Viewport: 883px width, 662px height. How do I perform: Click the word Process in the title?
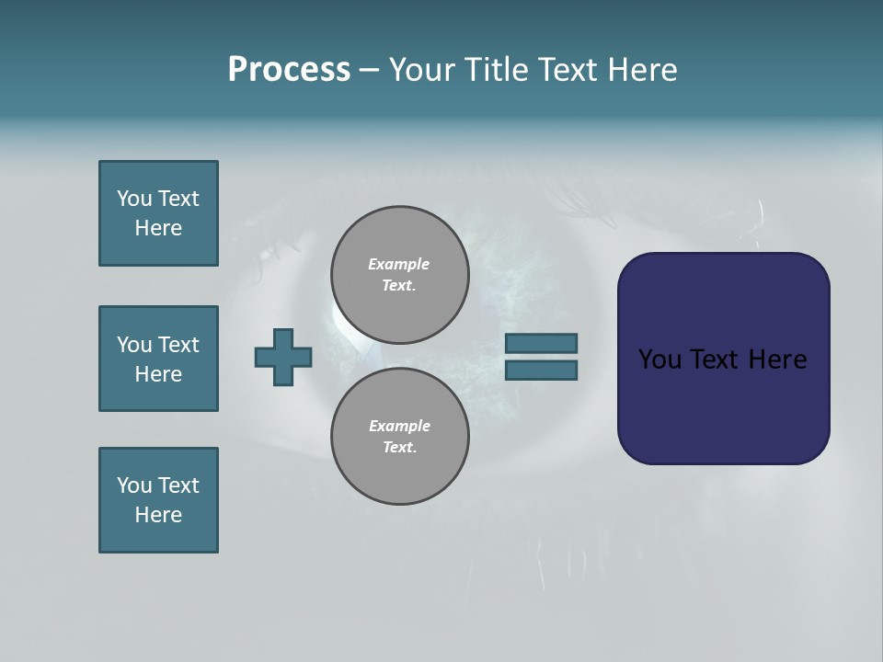click(x=289, y=70)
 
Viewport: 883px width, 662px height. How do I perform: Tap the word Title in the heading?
click(x=498, y=70)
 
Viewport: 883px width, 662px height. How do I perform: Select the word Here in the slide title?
click(x=641, y=70)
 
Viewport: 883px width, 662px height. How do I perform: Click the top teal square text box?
click(x=158, y=213)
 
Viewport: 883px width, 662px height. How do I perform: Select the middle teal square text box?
click(x=158, y=359)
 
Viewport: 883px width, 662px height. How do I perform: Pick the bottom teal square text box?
click(x=158, y=500)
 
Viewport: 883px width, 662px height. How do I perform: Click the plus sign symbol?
click(x=283, y=357)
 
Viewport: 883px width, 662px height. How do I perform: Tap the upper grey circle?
click(x=399, y=275)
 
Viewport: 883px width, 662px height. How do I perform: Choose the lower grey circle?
click(x=399, y=437)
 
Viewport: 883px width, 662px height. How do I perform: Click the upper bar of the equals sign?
click(x=541, y=343)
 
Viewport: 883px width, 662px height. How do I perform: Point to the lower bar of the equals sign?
click(x=541, y=370)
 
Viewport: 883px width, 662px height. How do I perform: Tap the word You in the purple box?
click(x=659, y=360)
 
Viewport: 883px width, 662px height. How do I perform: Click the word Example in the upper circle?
click(x=398, y=264)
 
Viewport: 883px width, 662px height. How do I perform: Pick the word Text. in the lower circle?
click(x=399, y=448)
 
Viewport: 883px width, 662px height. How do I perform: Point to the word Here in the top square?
click(x=158, y=228)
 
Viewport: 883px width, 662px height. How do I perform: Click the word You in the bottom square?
click(x=134, y=485)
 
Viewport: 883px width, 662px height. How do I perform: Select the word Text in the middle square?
click(x=178, y=345)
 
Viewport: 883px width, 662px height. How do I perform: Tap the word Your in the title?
click(x=424, y=70)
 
